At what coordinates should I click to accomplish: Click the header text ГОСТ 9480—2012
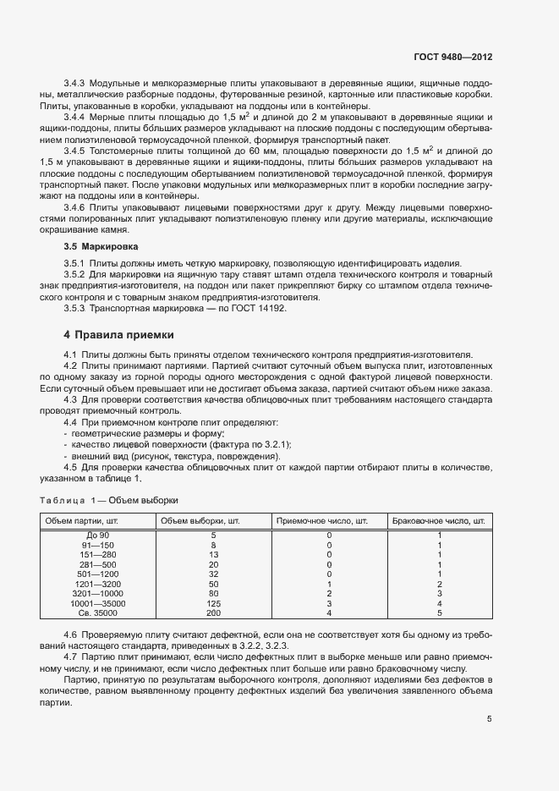point(452,58)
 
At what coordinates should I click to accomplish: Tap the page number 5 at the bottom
point(490,719)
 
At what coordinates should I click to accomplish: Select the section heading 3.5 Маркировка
point(96,246)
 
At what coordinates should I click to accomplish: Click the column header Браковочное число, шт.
point(439,519)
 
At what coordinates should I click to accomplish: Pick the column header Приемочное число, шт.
point(322,519)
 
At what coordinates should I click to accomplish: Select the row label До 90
point(98,536)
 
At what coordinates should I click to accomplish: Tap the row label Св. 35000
point(98,613)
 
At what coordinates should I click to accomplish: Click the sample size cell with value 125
point(213,604)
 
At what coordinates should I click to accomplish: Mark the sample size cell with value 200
point(213,613)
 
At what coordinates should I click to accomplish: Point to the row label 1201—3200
point(98,585)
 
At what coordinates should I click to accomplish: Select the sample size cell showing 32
point(213,574)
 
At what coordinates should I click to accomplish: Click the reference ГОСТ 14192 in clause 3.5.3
point(259,309)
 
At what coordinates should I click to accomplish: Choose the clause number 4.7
point(71,656)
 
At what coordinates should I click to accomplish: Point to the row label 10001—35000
point(98,604)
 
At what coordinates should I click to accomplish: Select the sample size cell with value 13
point(213,555)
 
